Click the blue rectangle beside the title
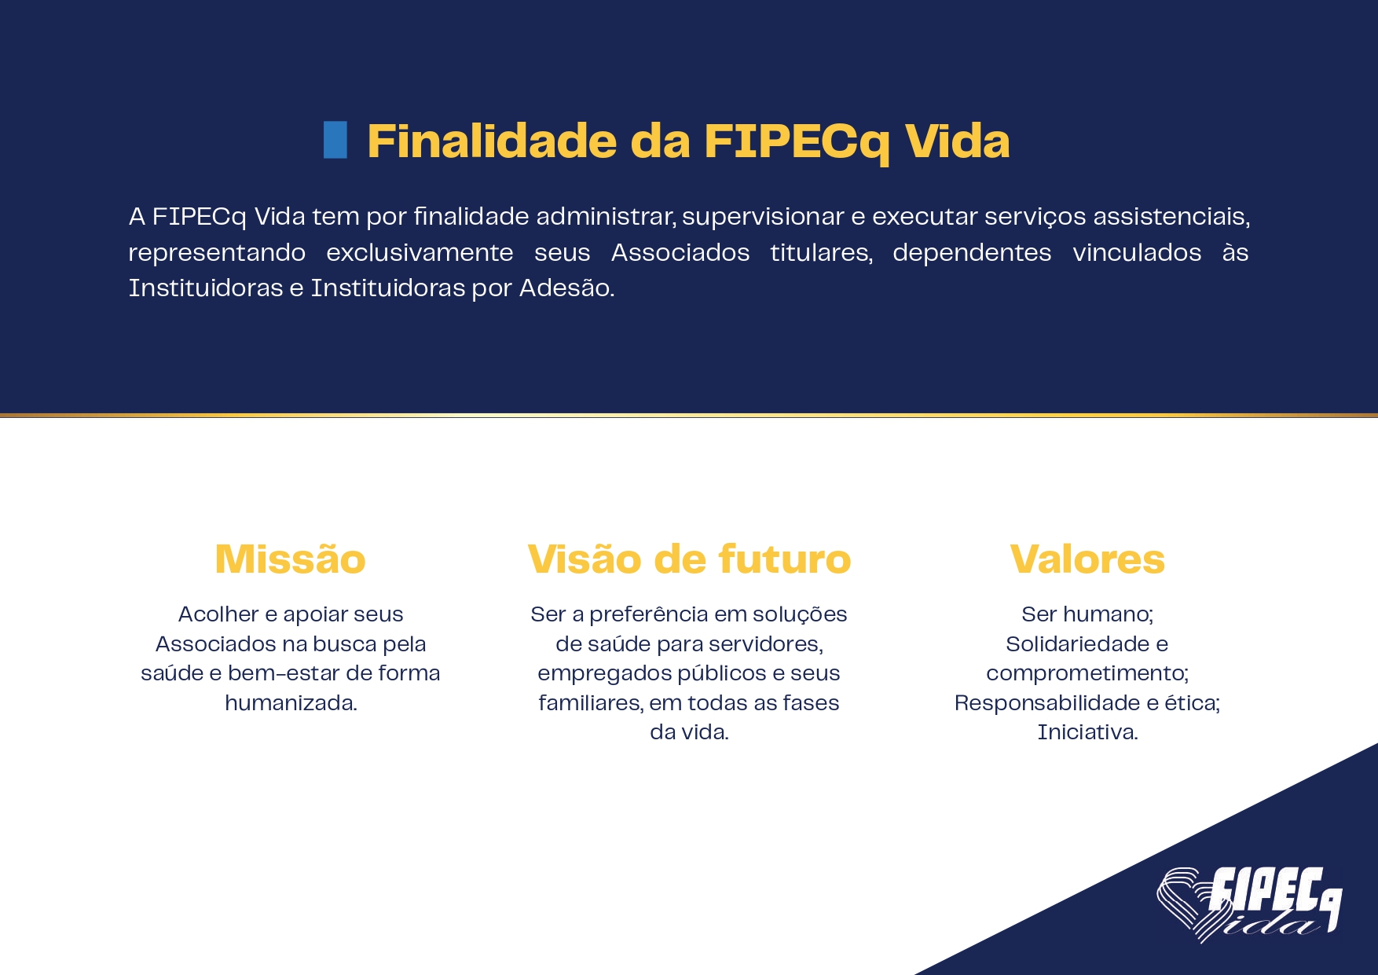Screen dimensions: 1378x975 pos(335,140)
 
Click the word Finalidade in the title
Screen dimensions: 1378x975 pos(492,141)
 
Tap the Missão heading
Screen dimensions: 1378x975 pos(291,559)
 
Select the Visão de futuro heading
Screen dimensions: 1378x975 pos(689,559)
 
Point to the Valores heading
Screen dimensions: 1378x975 pos(1087,559)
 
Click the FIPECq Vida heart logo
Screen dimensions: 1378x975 pos(1249,904)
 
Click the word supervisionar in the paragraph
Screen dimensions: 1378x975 pos(762,217)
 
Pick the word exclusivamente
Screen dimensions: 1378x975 pos(420,252)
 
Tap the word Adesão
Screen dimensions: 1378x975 pos(566,288)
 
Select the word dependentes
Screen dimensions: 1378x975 pos(972,253)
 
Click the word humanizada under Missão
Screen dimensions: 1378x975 pos(291,702)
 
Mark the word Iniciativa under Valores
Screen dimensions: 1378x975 pos(1087,732)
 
